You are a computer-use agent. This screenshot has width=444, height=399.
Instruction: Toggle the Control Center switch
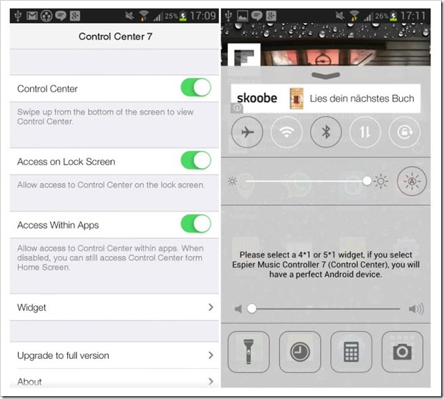pos(196,87)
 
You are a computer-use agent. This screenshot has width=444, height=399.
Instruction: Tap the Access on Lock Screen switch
pos(196,160)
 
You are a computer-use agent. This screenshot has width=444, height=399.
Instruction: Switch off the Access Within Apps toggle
pos(196,224)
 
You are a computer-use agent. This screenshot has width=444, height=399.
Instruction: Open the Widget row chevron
pos(211,307)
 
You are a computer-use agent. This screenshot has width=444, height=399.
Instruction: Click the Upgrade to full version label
pos(63,355)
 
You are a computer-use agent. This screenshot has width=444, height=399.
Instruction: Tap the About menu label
pos(29,382)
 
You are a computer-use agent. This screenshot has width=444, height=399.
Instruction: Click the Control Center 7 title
pos(115,36)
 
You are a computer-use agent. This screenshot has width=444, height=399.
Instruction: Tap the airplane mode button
pos(247,132)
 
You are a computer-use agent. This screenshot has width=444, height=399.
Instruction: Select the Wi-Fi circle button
pos(286,132)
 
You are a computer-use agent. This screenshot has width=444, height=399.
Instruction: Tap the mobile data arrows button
pos(365,132)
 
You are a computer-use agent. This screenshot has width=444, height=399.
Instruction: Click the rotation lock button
pos(405,132)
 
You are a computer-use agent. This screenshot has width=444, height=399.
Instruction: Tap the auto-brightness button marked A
pos(412,181)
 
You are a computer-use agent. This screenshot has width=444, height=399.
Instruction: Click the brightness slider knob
pos(367,181)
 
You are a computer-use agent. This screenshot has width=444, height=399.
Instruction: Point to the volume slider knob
pos(251,308)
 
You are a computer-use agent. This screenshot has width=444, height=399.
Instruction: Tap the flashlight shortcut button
pos(248,352)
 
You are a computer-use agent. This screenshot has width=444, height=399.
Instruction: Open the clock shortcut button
pos(300,352)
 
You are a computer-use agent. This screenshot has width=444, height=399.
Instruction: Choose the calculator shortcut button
pos(351,352)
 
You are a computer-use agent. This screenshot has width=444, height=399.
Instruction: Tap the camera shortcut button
pos(402,352)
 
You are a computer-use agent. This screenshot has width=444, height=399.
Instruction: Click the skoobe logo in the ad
pos(257,98)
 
